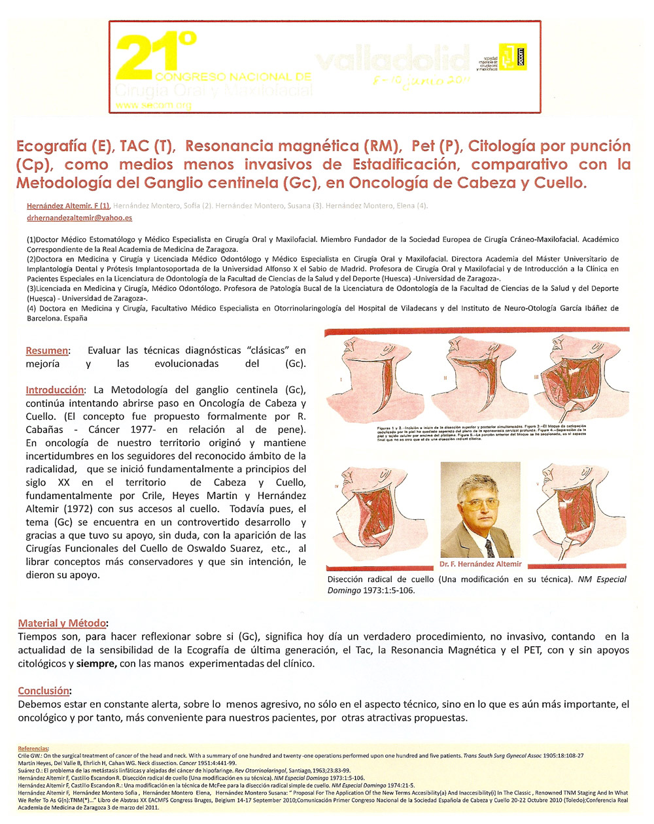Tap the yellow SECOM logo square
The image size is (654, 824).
(512, 56)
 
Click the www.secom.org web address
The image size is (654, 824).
(153, 105)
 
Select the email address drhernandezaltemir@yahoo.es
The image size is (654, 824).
(79, 218)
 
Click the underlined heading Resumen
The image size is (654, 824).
(46, 351)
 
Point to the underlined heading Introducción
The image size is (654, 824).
(55, 390)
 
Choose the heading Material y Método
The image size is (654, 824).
(61, 623)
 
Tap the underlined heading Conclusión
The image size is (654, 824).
(43, 691)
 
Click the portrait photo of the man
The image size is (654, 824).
(480, 510)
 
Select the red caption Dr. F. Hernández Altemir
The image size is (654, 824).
(481, 564)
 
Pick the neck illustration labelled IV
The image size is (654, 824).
(370, 513)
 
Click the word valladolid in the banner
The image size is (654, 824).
(392, 60)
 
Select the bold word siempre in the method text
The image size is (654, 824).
(97, 663)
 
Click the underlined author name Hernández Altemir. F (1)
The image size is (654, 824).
(68, 205)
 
